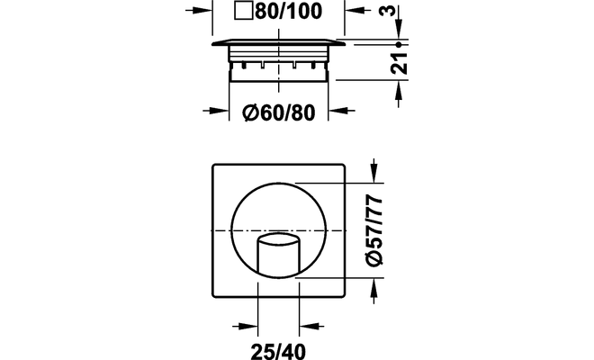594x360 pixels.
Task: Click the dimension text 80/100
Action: click(x=288, y=11)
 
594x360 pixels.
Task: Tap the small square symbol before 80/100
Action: click(x=243, y=11)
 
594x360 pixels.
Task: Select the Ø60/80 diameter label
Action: click(x=279, y=112)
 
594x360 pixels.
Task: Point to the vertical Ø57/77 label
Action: click(x=374, y=230)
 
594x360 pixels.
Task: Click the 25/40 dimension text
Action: click(x=278, y=352)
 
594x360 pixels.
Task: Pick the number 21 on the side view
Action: click(x=399, y=63)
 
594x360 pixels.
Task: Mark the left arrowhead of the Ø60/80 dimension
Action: click(x=220, y=111)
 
